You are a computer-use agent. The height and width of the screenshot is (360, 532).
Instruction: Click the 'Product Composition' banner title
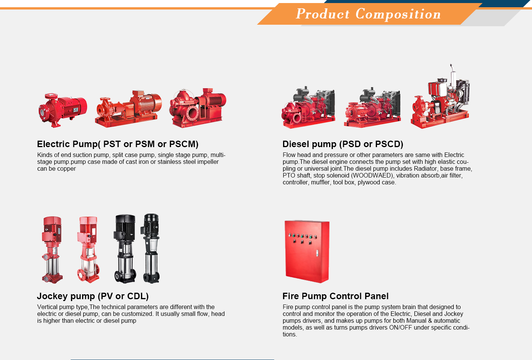pos(368,14)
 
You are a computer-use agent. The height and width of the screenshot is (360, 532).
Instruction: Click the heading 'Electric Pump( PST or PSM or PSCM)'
pos(117,144)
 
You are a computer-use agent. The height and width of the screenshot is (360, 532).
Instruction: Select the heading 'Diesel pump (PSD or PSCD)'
pos(343,144)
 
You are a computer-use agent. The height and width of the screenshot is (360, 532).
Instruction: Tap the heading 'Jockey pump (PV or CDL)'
pos(93,296)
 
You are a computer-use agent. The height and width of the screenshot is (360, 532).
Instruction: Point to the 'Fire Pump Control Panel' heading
pos(335,296)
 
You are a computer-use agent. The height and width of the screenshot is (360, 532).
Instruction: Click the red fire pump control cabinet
pos(307,252)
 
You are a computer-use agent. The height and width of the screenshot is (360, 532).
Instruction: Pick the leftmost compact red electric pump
pos(63,110)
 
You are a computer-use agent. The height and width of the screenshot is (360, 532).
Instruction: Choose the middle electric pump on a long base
pos(128,109)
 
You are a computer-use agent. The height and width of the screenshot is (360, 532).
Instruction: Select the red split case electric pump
pos(198,108)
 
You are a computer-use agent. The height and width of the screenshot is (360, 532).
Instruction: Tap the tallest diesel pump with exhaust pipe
pos(440,97)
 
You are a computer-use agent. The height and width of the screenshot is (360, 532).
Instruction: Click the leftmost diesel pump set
pos(308,108)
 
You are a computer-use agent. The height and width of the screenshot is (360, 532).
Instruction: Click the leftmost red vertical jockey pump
pos(52,250)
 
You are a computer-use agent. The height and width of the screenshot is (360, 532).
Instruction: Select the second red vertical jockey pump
pos(88,249)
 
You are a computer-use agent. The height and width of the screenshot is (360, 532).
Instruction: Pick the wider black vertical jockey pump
pos(125,249)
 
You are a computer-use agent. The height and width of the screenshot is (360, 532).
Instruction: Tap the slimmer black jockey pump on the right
pos(151,248)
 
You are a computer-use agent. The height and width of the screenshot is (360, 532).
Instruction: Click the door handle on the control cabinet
pos(317,253)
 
